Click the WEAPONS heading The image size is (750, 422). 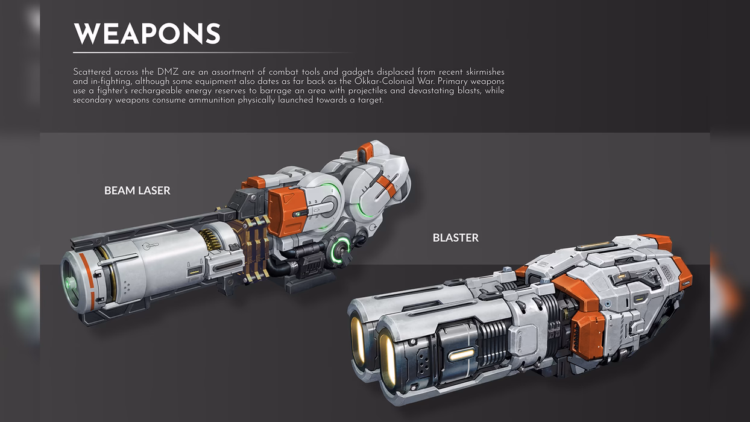tap(147, 34)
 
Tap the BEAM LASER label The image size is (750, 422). tap(137, 191)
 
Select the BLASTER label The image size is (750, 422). tap(456, 238)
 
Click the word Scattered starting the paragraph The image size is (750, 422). tap(92, 72)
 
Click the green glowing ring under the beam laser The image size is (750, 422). tap(341, 249)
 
